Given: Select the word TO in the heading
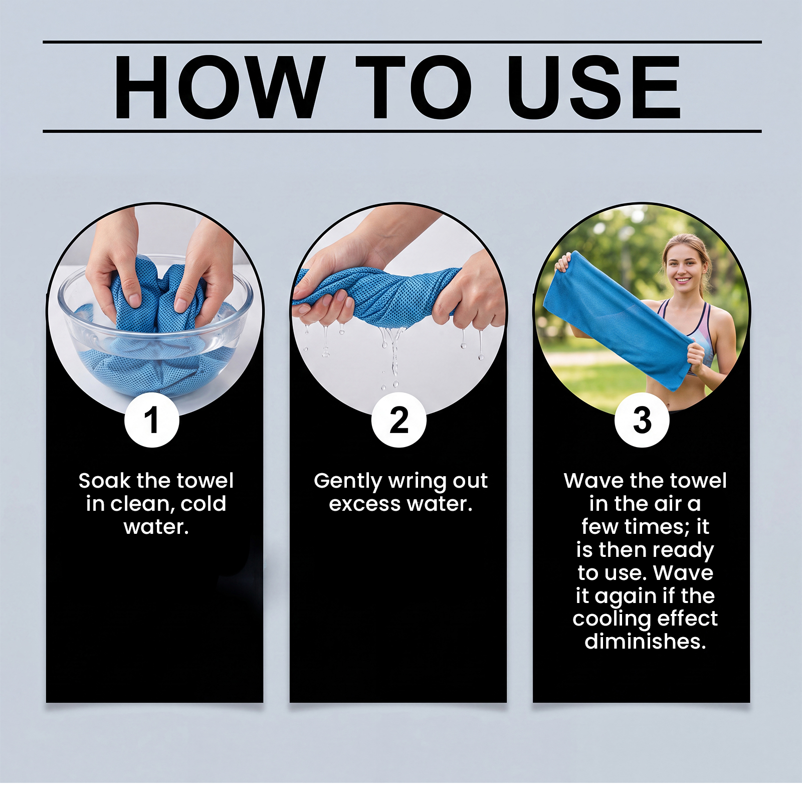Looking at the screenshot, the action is [x=414, y=87].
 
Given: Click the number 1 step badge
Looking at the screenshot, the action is [x=152, y=420].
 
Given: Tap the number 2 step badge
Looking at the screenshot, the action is [x=399, y=420].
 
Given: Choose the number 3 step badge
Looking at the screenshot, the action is [x=642, y=420].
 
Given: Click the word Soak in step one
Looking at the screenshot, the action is [x=104, y=481].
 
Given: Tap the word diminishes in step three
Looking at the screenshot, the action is [x=646, y=642].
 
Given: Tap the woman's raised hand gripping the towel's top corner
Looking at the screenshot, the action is [x=563, y=263].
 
